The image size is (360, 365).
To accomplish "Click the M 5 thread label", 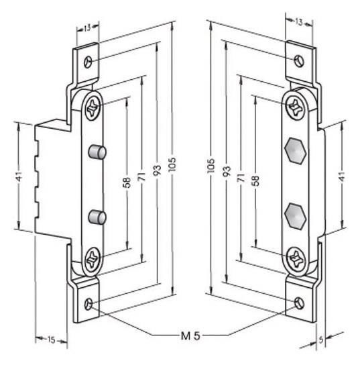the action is pos(190,336).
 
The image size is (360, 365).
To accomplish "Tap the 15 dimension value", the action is pos(51,340).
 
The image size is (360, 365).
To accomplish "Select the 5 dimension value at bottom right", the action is pos(321,340).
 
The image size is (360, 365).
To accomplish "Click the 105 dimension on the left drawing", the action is pos(172,164).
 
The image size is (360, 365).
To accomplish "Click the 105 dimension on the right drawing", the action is pos(211,166).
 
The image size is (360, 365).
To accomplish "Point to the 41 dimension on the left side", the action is pos(19,176).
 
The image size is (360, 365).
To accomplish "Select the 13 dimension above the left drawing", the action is pos(87,28).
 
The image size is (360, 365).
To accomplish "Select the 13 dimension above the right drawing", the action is pos(298,22).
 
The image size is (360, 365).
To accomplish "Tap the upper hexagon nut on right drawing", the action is pos(295,151).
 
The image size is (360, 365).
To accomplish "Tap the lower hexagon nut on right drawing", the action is pos(295,216).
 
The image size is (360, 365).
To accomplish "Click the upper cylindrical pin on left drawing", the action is pos(97,152).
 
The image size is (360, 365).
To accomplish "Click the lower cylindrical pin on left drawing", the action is pos(97,217).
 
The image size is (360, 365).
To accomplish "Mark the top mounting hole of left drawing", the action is pos(88,62).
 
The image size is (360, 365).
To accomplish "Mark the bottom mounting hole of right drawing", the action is pos(299,303).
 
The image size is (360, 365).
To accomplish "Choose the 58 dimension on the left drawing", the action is pos(127,182).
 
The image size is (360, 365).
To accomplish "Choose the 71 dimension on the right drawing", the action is pos(241,178).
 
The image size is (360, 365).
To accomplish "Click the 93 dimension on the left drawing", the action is pos(158,170).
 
